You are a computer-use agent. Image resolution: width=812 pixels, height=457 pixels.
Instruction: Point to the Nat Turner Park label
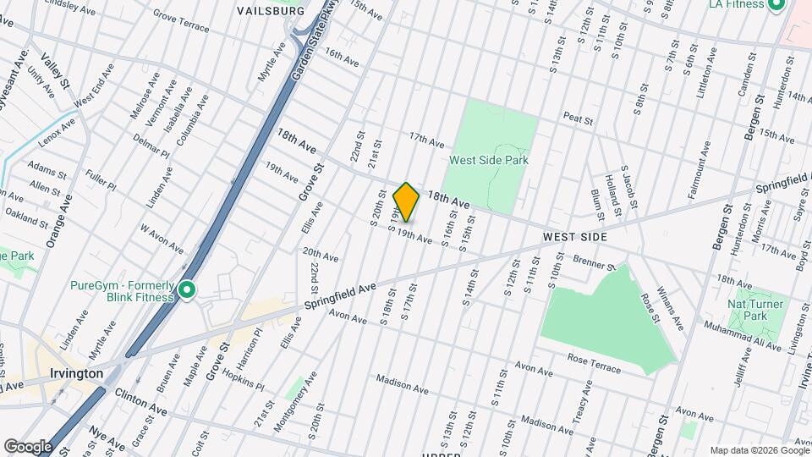755,310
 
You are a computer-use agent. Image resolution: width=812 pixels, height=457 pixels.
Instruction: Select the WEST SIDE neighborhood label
575,237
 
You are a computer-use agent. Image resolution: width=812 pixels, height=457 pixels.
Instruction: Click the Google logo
28,446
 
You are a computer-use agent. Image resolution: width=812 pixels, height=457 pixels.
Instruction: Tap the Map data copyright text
758,450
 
